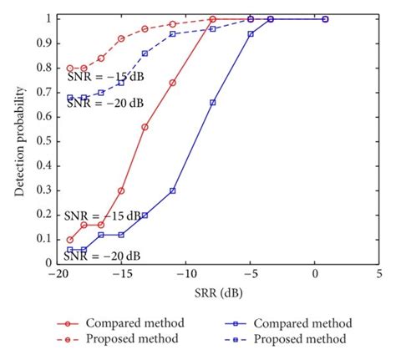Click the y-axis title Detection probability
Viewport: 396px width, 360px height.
(19, 139)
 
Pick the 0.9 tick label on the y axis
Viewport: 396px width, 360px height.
(47, 43)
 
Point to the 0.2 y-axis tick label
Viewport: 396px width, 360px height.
(47, 214)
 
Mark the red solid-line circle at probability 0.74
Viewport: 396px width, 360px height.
(173, 82)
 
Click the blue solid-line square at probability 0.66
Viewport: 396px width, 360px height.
(213, 102)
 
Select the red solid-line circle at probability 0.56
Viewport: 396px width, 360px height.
(145, 126)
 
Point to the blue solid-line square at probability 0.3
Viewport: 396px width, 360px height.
(173, 190)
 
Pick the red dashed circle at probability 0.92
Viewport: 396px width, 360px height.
(121, 38)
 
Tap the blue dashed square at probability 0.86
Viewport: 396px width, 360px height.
(145, 53)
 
